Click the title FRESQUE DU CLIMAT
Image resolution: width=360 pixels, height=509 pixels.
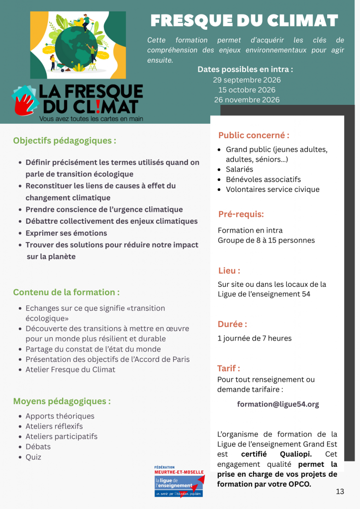pos(244,21)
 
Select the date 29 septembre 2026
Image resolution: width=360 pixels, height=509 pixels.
pos(247,80)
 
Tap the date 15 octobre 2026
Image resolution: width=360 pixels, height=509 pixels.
pos(247,90)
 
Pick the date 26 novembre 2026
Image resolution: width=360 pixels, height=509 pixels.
pos(247,100)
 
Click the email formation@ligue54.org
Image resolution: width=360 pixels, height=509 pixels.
pos(278,404)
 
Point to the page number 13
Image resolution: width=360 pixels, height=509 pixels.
pos(340,492)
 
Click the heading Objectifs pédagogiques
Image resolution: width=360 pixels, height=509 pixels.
pos(65,141)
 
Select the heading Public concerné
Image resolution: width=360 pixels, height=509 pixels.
pos(254,135)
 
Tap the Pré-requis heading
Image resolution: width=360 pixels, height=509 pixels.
pos(241,214)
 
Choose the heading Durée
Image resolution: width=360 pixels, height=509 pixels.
pos(232,324)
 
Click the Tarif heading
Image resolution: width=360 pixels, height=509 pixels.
pos(228,368)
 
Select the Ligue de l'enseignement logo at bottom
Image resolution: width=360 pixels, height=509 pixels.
pos(179,481)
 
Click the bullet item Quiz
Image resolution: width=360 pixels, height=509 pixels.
pos(33,457)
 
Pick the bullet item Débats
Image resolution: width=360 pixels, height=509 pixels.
pos(38,446)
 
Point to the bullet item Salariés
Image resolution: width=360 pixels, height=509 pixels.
pos(239,170)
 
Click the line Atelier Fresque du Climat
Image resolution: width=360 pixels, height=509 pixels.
pos(70,369)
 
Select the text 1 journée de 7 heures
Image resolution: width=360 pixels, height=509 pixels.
pos(255,339)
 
